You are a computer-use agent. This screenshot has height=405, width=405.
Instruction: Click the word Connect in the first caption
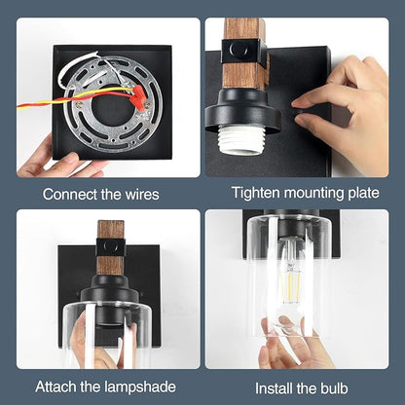click(x=70, y=195)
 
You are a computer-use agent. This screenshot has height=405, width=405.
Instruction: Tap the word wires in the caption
click(x=142, y=195)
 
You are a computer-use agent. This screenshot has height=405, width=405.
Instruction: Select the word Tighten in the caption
click(x=255, y=193)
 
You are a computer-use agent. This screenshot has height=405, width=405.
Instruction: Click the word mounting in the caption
click(x=313, y=193)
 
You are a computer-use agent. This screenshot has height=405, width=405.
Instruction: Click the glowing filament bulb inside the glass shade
click(x=290, y=279)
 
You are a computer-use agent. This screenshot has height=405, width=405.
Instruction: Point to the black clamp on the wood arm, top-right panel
click(x=244, y=52)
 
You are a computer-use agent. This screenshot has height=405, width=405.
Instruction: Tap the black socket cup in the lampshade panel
click(x=110, y=292)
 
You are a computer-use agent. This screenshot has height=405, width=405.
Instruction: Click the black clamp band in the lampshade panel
click(x=111, y=247)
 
